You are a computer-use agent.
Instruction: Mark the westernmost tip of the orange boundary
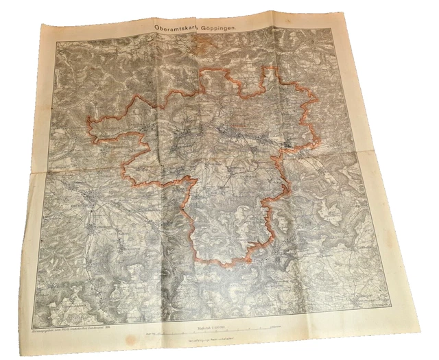(x=86, y=124)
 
